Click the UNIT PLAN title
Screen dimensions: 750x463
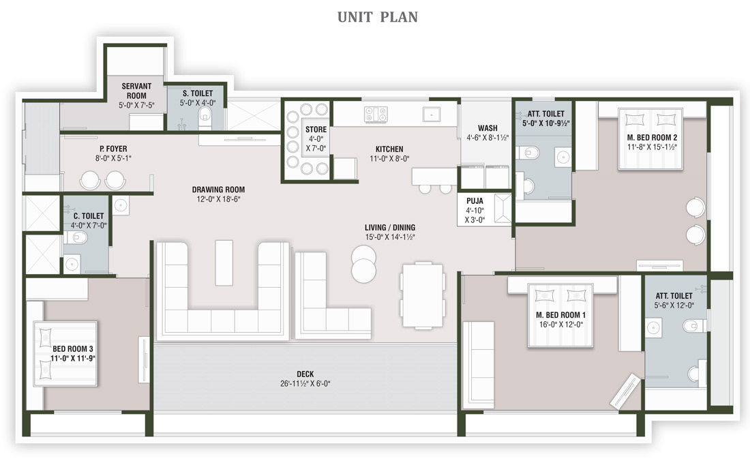[x=378, y=17]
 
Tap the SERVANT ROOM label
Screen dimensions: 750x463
[x=136, y=91]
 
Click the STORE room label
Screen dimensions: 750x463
[x=316, y=130]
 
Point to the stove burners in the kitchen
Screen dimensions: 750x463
[x=376, y=115]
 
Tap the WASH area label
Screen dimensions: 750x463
[x=487, y=128]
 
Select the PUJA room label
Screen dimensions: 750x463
[x=475, y=201]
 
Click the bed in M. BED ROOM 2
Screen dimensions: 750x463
[x=650, y=138]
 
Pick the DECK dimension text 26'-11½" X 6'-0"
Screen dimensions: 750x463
[x=305, y=384]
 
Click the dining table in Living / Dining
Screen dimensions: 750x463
[x=422, y=295]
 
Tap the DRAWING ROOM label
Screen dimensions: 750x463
[x=218, y=190]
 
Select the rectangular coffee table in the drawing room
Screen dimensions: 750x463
[x=224, y=263]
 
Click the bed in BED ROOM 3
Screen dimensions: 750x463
[x=65, y=354]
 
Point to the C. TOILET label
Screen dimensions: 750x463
[x=89, y=216]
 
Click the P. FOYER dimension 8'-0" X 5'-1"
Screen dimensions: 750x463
[x=113, y=158]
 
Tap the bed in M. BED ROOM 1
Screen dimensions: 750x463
[x=560, y=316]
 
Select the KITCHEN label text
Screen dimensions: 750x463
[x=389, y=149]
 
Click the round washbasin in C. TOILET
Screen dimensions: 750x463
[x=72, y=264]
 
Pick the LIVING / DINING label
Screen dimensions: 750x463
[x=390, y=228]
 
